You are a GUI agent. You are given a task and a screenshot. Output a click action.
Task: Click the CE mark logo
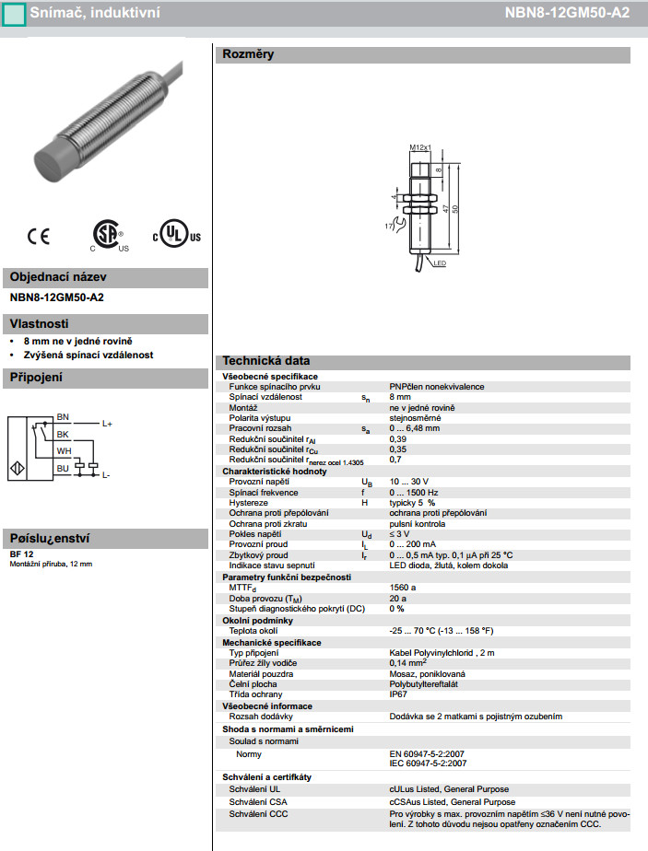39,237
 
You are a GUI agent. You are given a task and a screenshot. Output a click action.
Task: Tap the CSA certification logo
109,236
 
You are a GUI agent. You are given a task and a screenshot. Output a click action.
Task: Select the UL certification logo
175,234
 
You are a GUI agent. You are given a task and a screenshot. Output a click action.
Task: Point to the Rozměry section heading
248,55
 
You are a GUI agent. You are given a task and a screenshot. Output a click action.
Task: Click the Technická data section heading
266,361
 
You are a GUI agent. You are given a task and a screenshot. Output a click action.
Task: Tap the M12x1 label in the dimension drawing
420,147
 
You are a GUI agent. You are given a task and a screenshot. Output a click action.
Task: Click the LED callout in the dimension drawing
440,263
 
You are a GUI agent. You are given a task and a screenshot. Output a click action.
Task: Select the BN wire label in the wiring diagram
63,417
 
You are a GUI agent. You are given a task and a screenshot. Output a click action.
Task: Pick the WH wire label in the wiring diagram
63,451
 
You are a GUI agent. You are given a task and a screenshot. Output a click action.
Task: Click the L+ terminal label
107,424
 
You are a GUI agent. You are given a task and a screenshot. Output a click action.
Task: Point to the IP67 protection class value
398,694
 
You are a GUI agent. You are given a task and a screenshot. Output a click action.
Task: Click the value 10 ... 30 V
409,482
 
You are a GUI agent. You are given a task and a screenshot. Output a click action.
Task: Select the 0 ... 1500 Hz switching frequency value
413,493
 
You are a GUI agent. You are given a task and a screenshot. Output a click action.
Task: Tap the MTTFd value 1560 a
403,587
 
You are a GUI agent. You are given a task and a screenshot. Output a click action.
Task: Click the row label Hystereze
248,503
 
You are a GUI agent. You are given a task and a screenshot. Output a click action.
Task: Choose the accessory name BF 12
22,554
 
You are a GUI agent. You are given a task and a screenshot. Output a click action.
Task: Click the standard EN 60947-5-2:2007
429,752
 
